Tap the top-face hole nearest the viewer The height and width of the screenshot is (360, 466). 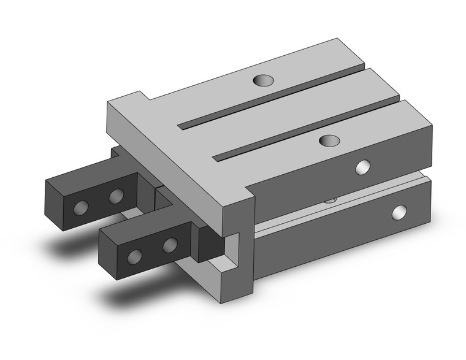click(x=330, y=140)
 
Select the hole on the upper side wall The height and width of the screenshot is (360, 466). click(x=364, y=167)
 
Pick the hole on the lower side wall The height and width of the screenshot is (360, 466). click(x=400, y=212)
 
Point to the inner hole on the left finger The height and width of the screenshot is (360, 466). click(x=115, y=197)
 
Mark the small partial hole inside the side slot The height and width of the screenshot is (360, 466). click(x=331, y=199)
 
